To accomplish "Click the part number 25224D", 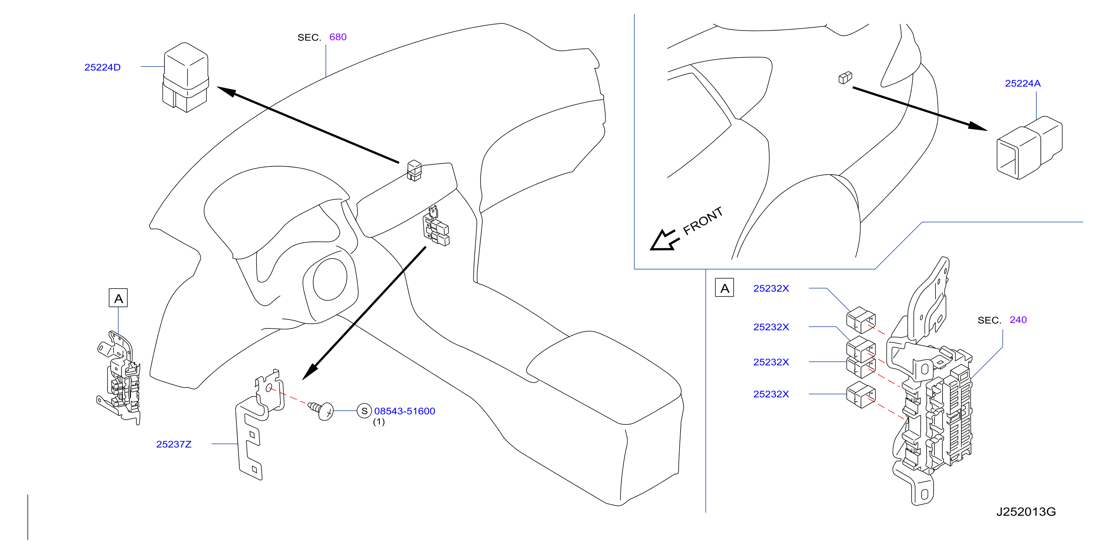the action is (x=103, y=67).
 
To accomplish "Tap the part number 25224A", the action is (x=1023, y=83).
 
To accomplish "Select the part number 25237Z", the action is (x=174, y=444).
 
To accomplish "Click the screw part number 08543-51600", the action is (x=405, y=411).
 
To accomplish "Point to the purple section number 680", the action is (x=338, y=37).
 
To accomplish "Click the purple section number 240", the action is (x=1018, y=320).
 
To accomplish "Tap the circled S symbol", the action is (x=364, y=411).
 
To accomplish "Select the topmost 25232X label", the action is (x=771, y=289).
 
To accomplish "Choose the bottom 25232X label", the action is (x=771, y=394).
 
